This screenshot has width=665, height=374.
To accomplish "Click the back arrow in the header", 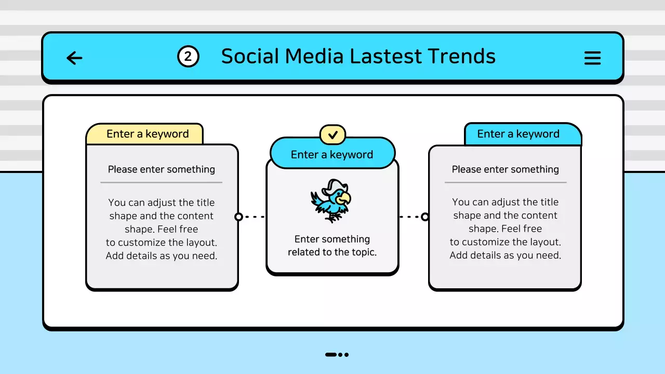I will coord(74,58).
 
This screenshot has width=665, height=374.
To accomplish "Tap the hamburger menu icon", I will coord(592,58).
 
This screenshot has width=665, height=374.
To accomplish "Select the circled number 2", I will coord(188,57).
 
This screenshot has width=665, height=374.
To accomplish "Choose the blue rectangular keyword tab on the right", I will coord(522,134).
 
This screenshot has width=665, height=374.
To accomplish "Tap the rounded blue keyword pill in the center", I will coord(332,154).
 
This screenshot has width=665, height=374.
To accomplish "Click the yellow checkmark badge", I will coord(332,135).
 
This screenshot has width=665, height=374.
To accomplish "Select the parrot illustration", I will coord(331,201).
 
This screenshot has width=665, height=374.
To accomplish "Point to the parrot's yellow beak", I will coord(343,198).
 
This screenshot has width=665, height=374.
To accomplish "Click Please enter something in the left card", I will coord(161,169).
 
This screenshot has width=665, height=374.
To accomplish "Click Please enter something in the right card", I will coord(505,169).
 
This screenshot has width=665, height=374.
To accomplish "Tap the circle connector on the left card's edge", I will coord(238,217).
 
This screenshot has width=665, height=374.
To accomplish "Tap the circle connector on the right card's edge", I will coord(425,217).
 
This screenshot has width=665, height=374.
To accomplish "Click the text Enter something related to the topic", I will coord(332,246).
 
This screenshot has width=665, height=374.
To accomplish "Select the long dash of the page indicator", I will coord(331,355).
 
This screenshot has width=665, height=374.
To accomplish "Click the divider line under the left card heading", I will coord(161,182).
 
